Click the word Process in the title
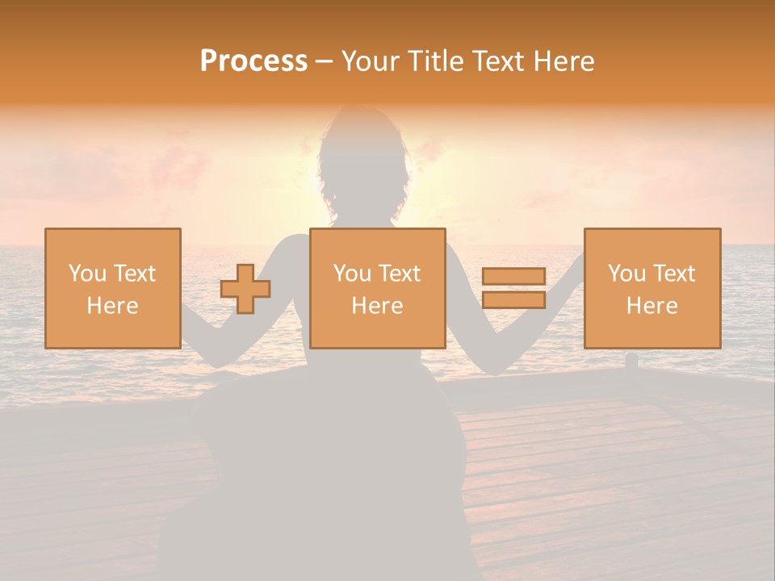tap(253, 61)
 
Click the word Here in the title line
tap(564, 61)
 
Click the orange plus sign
tap(245, 289)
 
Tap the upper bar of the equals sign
tap(513, 277)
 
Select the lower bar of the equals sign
tap(513, 299)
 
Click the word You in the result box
tap(626, 274)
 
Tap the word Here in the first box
tap(112, 306)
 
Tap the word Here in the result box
tap(651, 306)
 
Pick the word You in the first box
tap(87, 274)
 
